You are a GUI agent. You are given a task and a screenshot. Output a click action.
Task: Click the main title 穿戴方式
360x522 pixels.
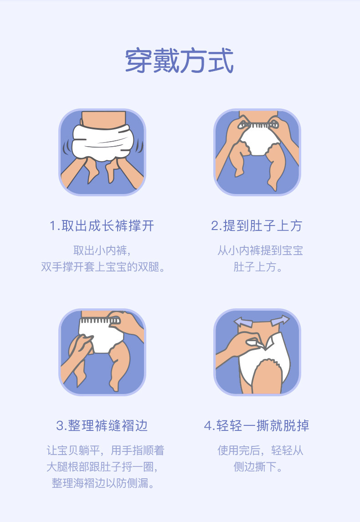[x=179, y=61]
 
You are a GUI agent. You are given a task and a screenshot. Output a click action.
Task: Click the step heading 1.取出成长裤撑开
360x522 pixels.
[x=102, y=226]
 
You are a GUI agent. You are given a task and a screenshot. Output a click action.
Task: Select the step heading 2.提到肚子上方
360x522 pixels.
[x=257, y=226]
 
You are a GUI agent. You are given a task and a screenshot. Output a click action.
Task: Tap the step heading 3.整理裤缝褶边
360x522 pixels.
[x=102, y=425]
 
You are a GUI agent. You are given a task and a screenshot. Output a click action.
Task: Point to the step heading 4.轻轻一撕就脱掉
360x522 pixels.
[x=257, y=425]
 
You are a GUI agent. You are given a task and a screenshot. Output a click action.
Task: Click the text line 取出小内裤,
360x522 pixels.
[x=102, y=251]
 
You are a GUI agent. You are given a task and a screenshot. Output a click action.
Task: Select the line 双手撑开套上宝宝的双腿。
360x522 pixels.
[x=103, y=266]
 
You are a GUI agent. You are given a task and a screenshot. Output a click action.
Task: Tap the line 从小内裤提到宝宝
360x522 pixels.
[x=260, y=251]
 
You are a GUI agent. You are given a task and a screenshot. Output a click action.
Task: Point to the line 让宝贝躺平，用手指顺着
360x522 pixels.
[x=106, y=450]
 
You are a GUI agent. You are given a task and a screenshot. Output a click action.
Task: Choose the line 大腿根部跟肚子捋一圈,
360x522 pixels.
[x=102, y=467]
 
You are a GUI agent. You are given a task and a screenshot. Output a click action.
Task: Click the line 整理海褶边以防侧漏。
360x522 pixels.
[x=103, y=483]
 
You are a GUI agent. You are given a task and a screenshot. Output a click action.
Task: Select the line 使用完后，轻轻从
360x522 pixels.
[x=260, y=450]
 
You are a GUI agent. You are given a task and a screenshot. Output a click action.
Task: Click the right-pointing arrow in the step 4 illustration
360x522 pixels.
[x=280, y=320]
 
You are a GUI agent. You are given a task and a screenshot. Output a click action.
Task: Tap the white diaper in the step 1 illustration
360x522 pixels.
[x=103, y=143]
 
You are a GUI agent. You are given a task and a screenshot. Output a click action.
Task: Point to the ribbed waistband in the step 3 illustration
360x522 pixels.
[x=99, y=320]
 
